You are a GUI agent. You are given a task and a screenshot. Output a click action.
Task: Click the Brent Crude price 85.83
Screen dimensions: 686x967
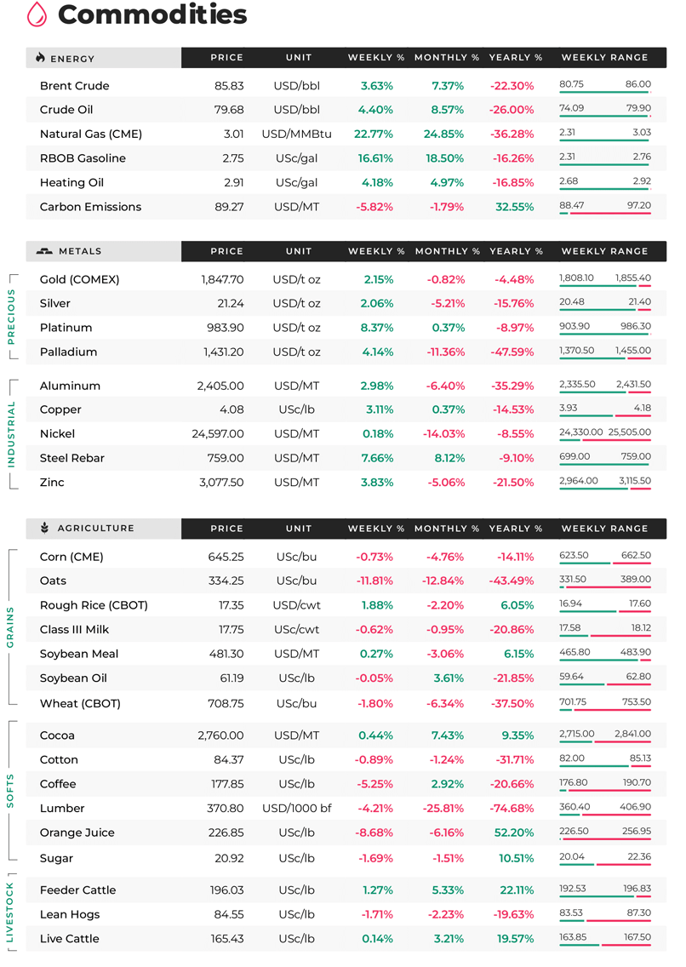[x=229, y=86]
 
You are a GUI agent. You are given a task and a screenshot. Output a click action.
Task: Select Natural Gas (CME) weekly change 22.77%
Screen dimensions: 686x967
[x=374, y=134]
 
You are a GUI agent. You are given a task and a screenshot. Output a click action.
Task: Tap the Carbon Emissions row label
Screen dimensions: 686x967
[x=90, y=207]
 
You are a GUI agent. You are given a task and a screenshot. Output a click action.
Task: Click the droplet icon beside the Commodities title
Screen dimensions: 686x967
[x=37, y=14]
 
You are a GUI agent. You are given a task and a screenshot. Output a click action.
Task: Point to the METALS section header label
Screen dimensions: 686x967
[x=80, y=251]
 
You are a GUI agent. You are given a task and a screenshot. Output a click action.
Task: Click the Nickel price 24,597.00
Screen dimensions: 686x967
[x=218, y=434]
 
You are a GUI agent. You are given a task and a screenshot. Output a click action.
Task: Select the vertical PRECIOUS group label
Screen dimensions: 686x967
[x=11, y=317]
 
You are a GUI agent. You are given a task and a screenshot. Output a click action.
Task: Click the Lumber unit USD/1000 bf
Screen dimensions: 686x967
[x=297, y=808]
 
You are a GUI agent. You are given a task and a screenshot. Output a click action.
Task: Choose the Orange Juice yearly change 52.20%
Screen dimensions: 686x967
[x=514, y=833]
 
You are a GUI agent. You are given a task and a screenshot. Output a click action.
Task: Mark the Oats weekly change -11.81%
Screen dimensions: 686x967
[x=374, y=581]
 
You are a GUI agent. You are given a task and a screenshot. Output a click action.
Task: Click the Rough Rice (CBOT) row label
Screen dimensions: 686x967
[x=94, y=605]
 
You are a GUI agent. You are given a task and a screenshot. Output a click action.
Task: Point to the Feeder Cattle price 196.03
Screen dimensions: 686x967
[x=226, y=890]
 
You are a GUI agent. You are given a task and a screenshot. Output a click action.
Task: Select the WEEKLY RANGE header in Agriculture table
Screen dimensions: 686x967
[x=604, y=529]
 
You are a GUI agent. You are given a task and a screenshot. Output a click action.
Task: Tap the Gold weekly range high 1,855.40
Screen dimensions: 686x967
[x=633, y=278]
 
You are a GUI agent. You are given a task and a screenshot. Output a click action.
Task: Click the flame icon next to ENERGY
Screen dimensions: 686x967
[x=41, y=57]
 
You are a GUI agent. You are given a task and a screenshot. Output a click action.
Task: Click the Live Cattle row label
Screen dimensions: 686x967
[x=70, y=939]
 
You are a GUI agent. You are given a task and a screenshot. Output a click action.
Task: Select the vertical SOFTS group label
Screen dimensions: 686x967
[x=10, y=791]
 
